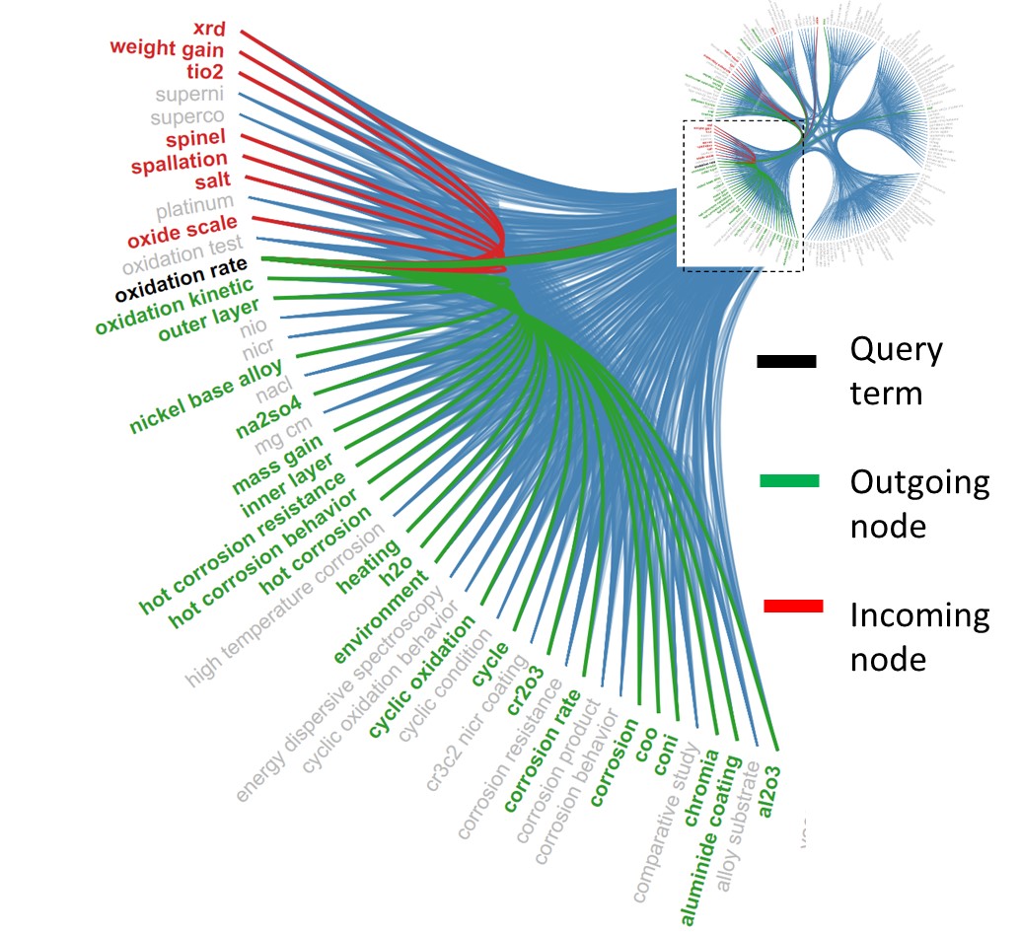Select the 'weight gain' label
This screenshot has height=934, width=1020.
[x=167, y=48]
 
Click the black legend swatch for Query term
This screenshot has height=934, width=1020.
[x=786, y=362]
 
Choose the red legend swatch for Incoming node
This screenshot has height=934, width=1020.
[x=793, y=605]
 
